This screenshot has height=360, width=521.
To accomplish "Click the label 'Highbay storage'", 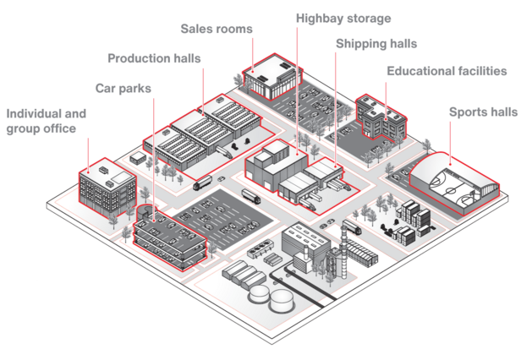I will pos(343,17).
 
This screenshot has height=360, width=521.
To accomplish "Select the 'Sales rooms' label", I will pos(217,29).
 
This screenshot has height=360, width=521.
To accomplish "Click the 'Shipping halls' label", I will pos(376,43).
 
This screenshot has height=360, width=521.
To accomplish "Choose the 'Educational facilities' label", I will pos(447,71).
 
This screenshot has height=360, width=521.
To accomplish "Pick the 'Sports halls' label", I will pos(483,111).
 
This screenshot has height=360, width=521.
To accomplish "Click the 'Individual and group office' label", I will pos(46,121).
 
